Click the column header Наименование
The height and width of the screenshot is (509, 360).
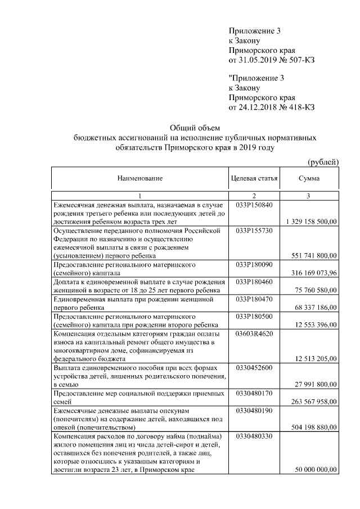point(140,179)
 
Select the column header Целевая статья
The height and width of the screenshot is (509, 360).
point(254,179)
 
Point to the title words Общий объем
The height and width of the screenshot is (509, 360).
point(193,128)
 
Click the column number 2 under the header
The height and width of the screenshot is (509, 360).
point(254,195)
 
